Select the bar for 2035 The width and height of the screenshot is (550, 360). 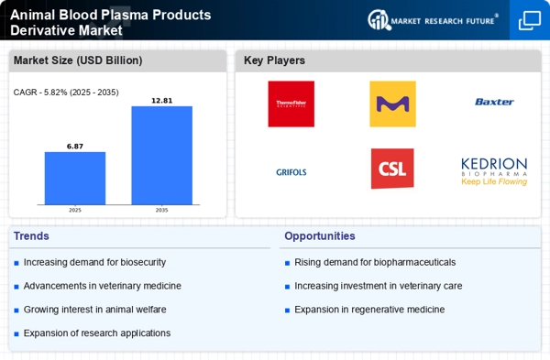tap(161, 155)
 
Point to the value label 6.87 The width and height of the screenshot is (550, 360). tap(75, 146)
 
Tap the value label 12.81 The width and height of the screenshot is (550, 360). tap(161, 100)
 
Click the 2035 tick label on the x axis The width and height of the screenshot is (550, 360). tap(161, 210)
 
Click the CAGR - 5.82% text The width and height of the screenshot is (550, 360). tap(67, 92)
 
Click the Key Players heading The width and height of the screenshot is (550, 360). tap(274, 60)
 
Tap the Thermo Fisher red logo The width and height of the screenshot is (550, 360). tap(291, 104)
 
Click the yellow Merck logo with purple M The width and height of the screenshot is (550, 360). tap(392, 104)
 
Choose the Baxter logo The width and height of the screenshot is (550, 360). tap(494, 103)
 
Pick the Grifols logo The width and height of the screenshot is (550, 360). tap(291, 171)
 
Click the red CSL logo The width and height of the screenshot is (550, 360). tap(392, 169)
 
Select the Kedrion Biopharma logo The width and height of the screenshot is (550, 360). tap(494, 170)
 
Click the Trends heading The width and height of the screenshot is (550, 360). tap(33, 235)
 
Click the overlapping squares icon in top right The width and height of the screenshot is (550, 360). tap(529, 20)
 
